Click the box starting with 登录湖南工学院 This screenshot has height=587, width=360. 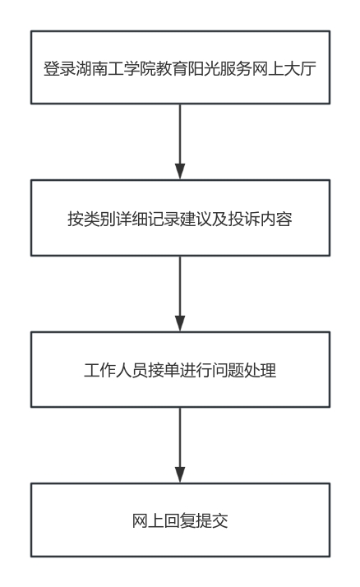point(180,67)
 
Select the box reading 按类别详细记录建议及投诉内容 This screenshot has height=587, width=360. point(180,218)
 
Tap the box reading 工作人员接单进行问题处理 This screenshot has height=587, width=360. point(180,369)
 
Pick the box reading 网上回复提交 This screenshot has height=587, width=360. point(180,520)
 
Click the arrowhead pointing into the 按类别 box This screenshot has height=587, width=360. point(180,172)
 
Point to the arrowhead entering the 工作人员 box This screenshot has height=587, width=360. point(180,323)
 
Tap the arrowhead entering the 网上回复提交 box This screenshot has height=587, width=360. point(180,474)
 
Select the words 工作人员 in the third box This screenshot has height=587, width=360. point(116,371)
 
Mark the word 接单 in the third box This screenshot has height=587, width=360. point(164,371)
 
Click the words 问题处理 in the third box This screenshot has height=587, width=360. point(244,371)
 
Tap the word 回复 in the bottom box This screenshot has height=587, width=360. point(180,521)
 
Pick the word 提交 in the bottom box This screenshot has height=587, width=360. point(212,521)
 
